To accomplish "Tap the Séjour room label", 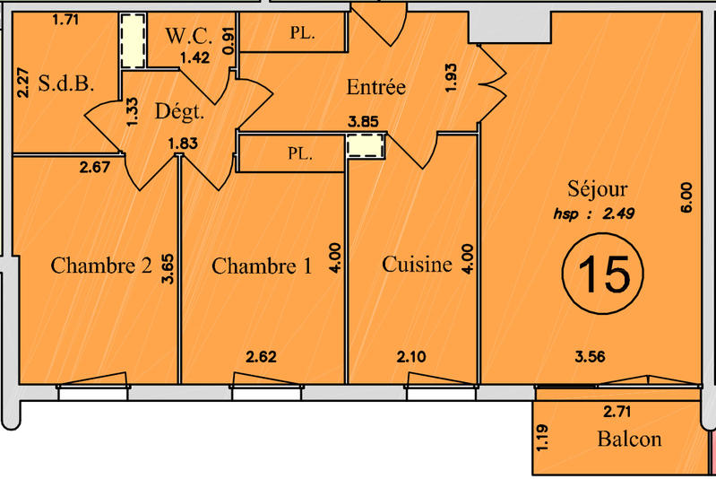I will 598,189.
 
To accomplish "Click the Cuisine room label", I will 417,266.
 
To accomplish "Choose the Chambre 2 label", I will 99,266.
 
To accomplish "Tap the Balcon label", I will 629,439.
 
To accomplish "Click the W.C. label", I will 188,37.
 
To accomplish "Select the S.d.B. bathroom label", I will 67,86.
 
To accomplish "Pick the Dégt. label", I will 179,113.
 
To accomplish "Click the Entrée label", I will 376,88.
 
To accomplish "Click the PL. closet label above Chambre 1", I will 300,153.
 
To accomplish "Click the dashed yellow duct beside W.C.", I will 134,42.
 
